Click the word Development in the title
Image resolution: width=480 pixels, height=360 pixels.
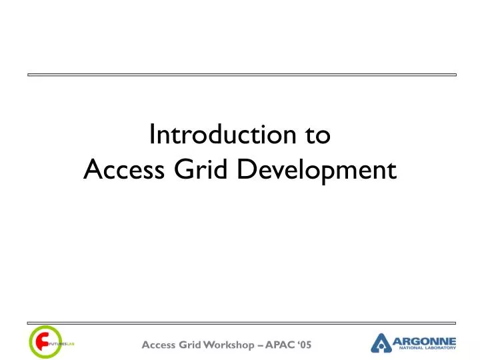point(317,172)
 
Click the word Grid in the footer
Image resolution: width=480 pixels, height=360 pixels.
point(191,345)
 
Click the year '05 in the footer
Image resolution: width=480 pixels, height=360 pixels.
point(305,345)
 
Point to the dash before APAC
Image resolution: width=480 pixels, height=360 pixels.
point(261,345)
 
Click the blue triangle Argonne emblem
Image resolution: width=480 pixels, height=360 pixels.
point(382,343)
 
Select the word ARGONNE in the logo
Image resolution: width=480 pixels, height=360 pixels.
point(425,341)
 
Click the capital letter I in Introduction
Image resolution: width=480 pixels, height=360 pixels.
point(151,135)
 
